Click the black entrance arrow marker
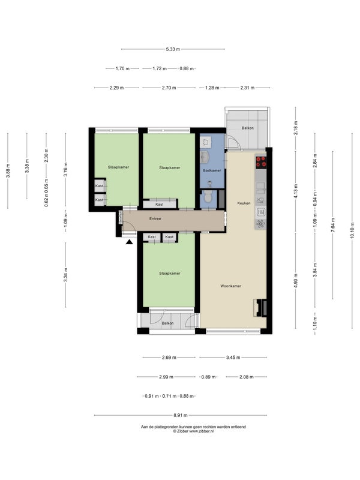tap(130, 242)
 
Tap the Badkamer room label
tap(212, 170)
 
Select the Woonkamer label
tap(231, 286)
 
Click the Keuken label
tap(244, 203)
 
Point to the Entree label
tap(155, 218)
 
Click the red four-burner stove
tap(261, 161)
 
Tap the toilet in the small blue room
tap(208, 197)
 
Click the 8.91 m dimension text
tap(181, 415)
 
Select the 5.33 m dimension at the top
tap(173, 49)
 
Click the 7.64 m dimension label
tap(333, 224)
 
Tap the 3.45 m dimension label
tap(233, 357)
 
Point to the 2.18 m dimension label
tap(296, 128)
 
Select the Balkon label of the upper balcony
tap(248, 128)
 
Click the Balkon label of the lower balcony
tap(168, 323)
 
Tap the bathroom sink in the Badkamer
tap(205, 157)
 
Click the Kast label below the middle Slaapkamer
tap(160, 204)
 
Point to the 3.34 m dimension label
tap(65, 275)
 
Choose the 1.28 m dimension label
tap(212, 88)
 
